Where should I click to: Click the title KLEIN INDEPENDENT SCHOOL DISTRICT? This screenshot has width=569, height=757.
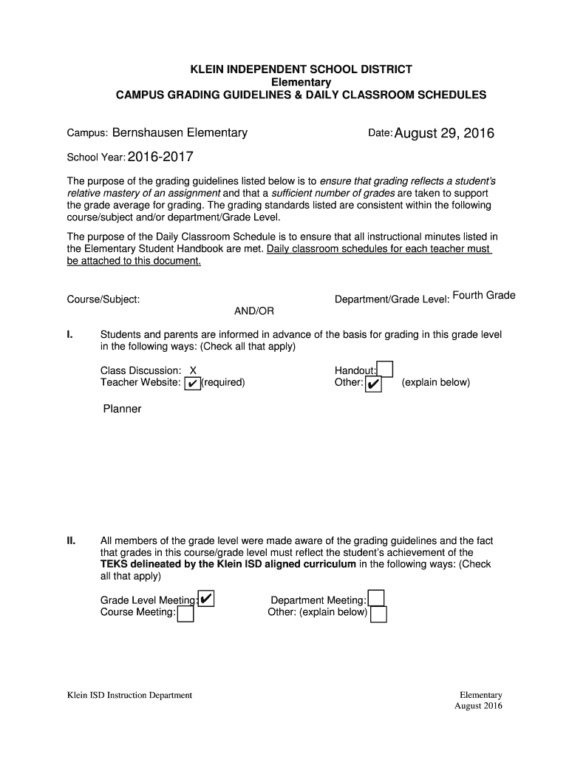pyautogui.click(x=301, y=69)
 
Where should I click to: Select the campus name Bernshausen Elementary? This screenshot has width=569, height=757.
pyautogui.click(x=180, y=133)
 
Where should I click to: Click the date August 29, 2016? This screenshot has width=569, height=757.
pyautogui.click(x=444, y=134)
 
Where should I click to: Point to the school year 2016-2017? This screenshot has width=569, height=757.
pyautogui.click(x=161, y=157)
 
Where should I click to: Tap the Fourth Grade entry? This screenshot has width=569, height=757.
pyautogui.click(x=483, y=296)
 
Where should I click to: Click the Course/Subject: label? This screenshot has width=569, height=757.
pyautogui.click(x=103, y=299)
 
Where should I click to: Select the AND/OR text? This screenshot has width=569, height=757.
pyautogui.click(x=254, y=311)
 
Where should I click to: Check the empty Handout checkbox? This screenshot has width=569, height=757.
pyautogui.click(x=385, y=369)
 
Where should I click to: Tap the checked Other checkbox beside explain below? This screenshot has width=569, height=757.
pyautogui.click(x=373, y=384)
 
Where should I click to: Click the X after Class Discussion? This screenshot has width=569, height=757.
pyautogui.click(x=193, y=370)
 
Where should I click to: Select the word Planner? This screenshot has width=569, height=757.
pyautogui.click(x=122, y=409)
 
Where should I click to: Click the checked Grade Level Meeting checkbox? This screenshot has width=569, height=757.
pyautogui.click(x=206, y=599)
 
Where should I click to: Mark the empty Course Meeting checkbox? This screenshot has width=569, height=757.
pyautogui.click(x=185, y=614)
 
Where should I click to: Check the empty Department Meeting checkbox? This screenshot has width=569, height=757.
pyautogui.click(x=376, y=599)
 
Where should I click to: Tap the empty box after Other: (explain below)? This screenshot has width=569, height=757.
pyautogui.click(x=378, y=614)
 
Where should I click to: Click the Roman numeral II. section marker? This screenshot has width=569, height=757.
pyautogui.click(x=72, y=541)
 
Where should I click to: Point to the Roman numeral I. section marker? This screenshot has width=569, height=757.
pyautogui.click(x=69, y=335)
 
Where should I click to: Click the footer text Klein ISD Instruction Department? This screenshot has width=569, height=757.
pyautogui.click(x=129, y=695)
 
